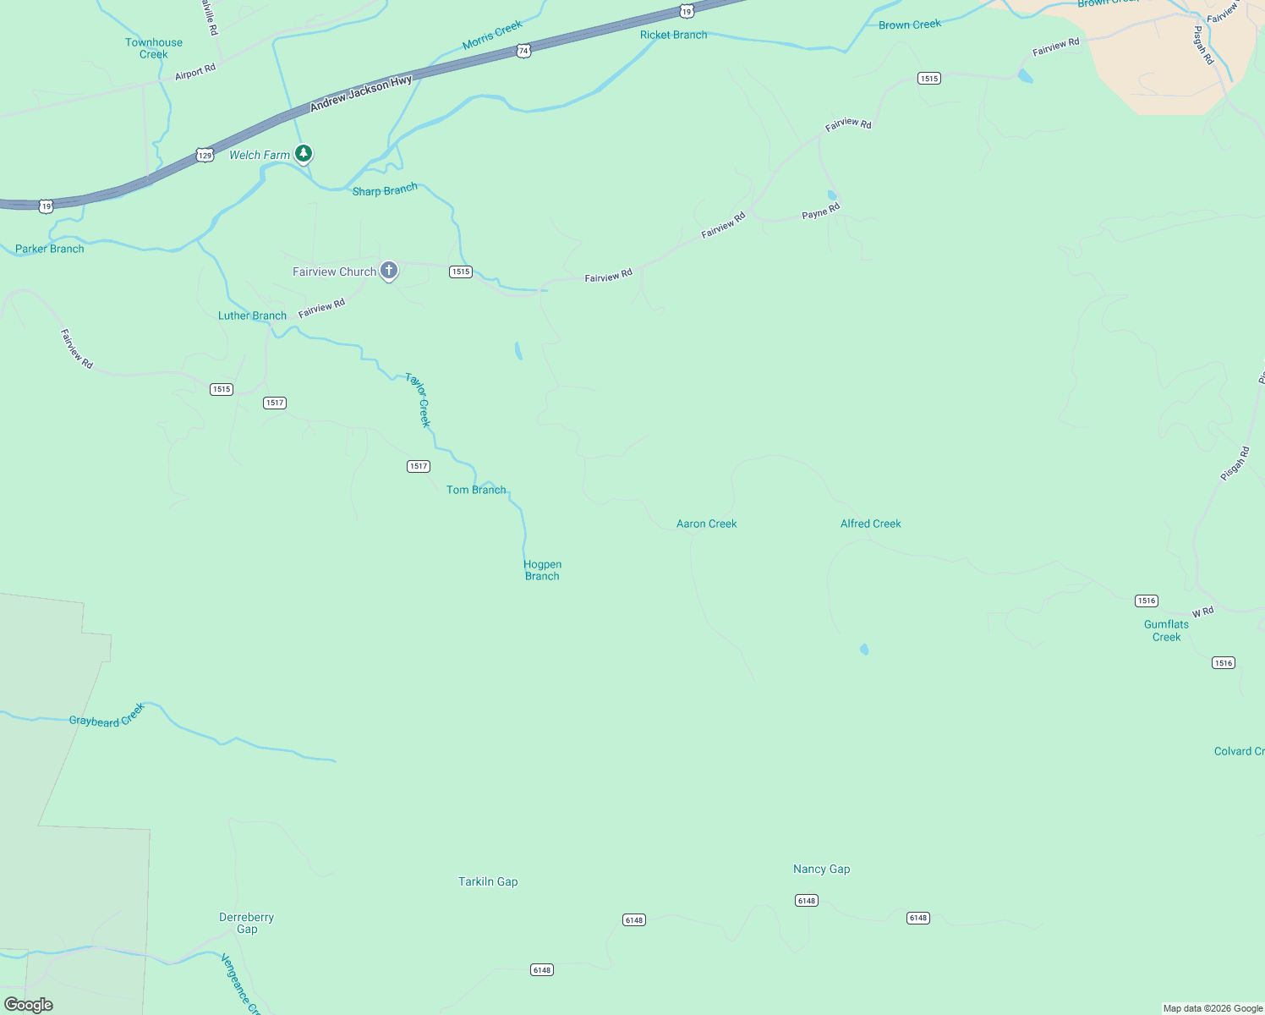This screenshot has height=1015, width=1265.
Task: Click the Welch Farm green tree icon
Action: [304, 154]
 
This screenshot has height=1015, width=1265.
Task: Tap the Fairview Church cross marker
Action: [389, 271]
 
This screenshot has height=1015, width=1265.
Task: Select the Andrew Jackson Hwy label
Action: [361, 94]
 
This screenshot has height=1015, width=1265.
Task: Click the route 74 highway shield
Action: [523, 52]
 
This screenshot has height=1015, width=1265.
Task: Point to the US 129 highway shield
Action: [205, 156]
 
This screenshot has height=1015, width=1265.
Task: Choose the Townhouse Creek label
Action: [154, 48]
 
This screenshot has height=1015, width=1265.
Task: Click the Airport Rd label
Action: [195, 73]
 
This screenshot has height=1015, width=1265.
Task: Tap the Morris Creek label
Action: [493, 35]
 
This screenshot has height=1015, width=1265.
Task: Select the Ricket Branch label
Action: [673, 35]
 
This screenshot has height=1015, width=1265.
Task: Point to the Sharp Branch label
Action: [385, 190]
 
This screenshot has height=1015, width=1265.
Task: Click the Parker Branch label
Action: [50, 249]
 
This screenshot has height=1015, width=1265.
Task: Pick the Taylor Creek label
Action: [419, 400]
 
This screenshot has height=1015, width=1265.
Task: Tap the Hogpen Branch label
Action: [542, 570]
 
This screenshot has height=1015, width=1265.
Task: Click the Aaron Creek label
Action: [707, 524]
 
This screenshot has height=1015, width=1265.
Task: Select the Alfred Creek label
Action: [871, 524]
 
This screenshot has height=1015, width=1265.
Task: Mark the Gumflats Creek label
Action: [1166, 631]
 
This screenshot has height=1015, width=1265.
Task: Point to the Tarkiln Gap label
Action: [488, 881]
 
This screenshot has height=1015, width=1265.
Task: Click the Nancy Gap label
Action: [822, 869]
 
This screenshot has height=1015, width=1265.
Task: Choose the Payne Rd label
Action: [820, 211]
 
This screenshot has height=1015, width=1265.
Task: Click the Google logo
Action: [29, 1005]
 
